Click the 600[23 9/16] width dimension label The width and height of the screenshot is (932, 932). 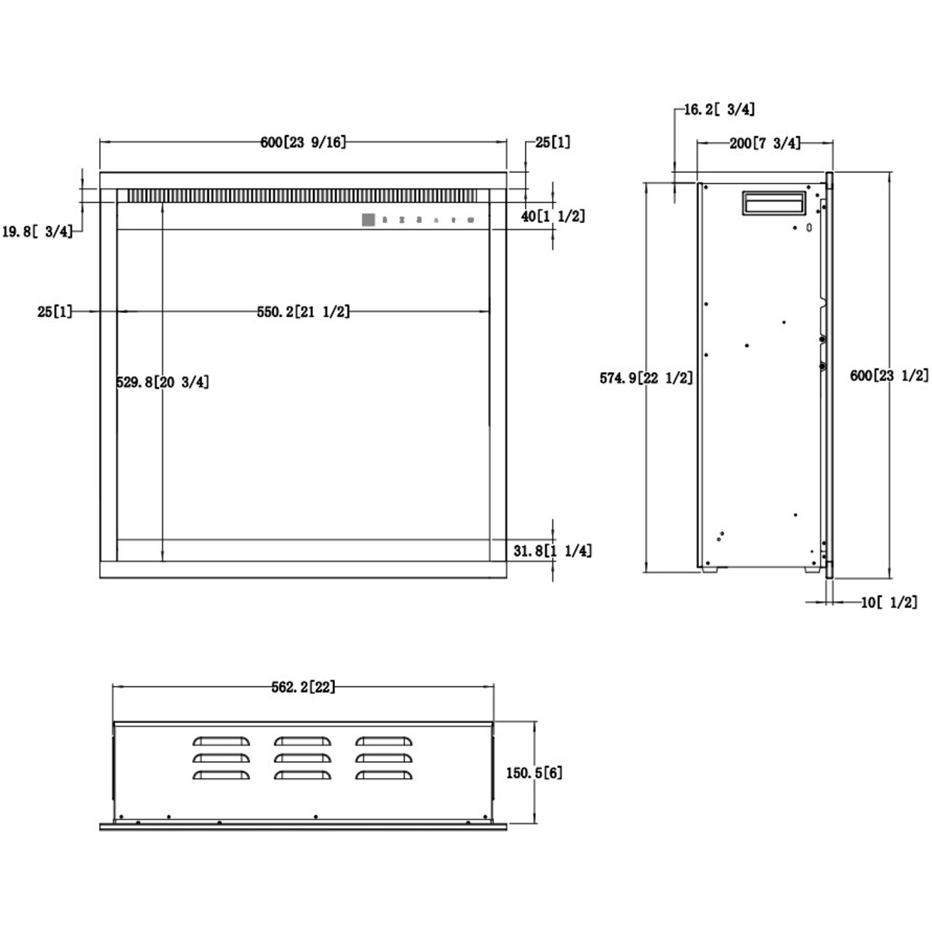coord(303,142)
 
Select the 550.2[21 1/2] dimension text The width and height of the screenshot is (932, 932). coord(304,311)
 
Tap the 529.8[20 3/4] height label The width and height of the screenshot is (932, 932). coord(163,381)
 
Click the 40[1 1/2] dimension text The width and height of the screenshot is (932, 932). coord(553,216)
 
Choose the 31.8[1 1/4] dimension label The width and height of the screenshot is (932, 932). coord(552,551)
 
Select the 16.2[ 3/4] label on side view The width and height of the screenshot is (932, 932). coord(719,109)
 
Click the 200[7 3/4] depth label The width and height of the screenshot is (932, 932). coord(765,143)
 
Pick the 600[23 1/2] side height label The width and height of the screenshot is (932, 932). coord(889,375)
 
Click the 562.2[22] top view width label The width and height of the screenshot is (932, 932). coord(304,687)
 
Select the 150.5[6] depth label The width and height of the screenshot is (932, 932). coord(534,773)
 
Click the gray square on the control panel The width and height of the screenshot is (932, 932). coord(368,220)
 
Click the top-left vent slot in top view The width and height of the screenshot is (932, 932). coord(221,741)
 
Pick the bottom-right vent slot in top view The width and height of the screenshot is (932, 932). coord(384,774)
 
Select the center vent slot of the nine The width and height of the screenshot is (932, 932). coord(303,757)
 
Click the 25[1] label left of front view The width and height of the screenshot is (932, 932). coord(54,311)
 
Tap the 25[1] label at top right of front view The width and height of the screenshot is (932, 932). coord(552,142)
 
